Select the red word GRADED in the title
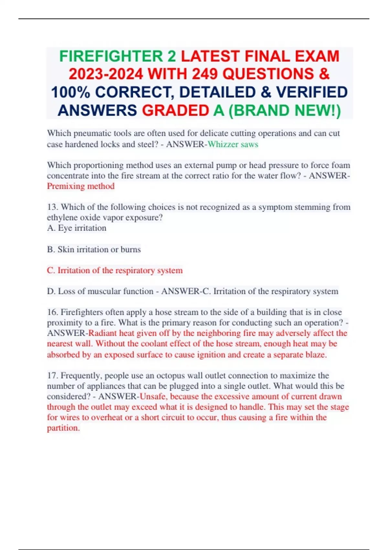pyautogui.click(x=175, y=111)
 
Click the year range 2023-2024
pyautogui.click(x=105, y=74)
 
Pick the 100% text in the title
pyautogui.click(x=70, y=93)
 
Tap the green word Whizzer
pyautogui.click(x=223, y=144)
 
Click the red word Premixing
pyautogui.click(x=66, y=186)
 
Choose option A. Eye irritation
pyautogui.click(x=77, y=228)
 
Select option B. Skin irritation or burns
pyautogui.click(x=94, y=249)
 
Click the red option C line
pyautogui.click(x=115, y=270)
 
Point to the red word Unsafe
pyautogui.click(x=153, y=397)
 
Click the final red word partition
pyautogui.click(x=63, y=428)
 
